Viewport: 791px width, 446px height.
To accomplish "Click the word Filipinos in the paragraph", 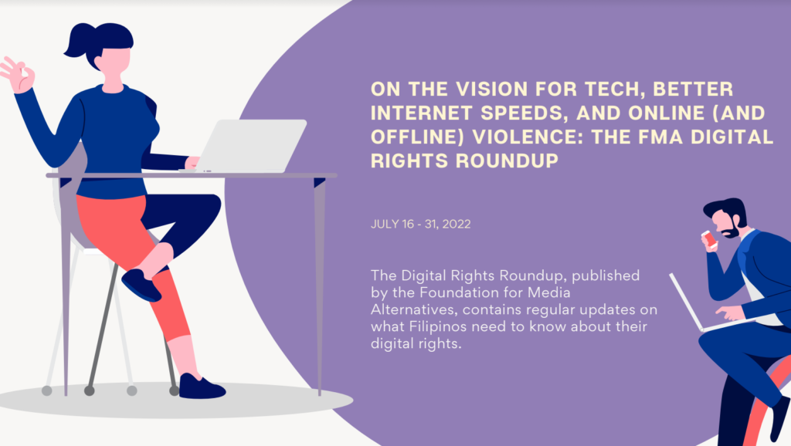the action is click(x=437, y=326).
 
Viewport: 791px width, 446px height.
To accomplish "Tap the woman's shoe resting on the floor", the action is click(x=201, y=387).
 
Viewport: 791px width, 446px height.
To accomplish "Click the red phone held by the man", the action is click(x=709, y=238).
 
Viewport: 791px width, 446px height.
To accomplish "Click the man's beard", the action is click(x=731, y=231).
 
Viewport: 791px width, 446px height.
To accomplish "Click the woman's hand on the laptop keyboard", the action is click(x=192, y=164).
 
